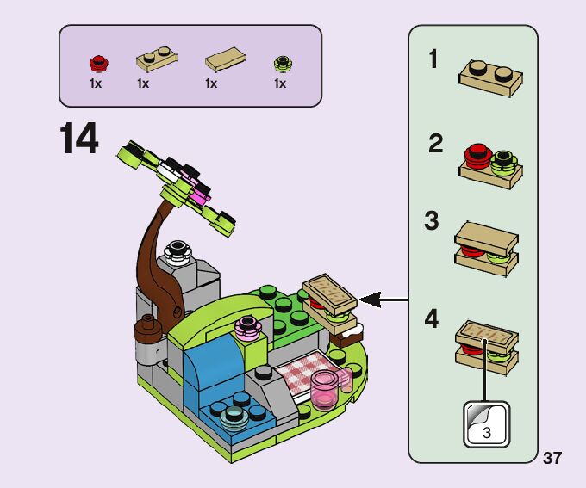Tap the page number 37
(552, 457)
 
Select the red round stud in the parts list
(97, 63)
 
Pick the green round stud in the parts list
(280, 63)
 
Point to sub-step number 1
(433, 60)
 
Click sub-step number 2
(435, 145)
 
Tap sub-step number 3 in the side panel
(432, 221)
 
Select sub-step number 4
(432, 319)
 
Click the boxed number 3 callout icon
(487, 424)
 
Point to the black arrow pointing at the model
(383, 300)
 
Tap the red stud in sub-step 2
(476, 156)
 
